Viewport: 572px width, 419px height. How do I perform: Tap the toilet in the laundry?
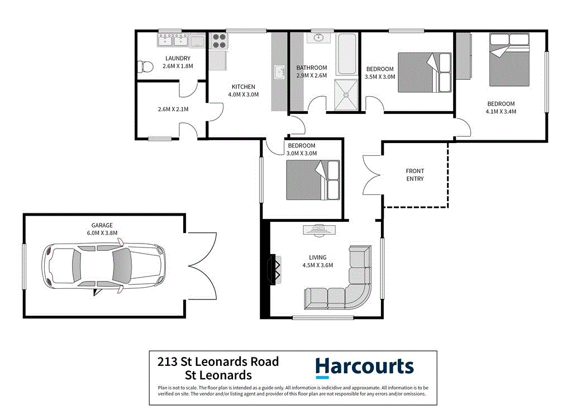pyautogui.click(x=145, y=66)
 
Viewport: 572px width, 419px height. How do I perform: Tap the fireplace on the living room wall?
pyautogui.click(x=275, y=270)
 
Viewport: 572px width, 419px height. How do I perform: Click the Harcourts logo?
pyautogui.click(x=364, y=367)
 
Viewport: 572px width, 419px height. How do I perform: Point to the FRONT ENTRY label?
pyautogui.click(x=415, y=175)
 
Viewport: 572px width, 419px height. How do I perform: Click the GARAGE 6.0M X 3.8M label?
pyautogui.click(x=99, y=229)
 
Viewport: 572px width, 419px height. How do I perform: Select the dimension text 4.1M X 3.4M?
pyautogui.click(x=501, y=111)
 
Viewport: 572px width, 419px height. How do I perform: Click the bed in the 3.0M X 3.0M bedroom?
pyautogui.click(x=313, y=180)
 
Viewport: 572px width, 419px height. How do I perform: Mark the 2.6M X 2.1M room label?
pyautogui.click(x=173, y=109)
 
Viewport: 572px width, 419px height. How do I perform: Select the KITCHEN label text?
pyautogui.click(x=244, y=87)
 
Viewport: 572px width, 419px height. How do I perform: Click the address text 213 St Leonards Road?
pyautogui.click(x=218, y=362)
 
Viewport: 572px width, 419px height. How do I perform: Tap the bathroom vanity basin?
pyautogui.click(x=319, y=38)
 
